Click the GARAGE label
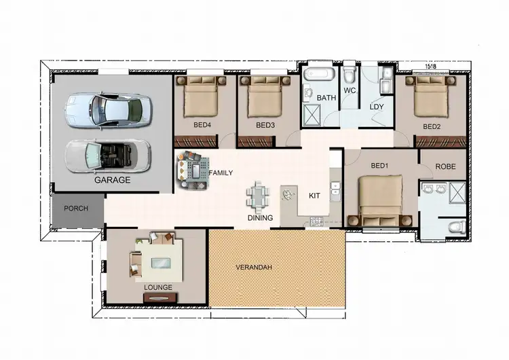113,181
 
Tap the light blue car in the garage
109,109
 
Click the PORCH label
76,209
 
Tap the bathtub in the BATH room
318,76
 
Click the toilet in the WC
350,73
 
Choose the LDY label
377,107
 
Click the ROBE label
445,166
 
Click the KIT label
314,196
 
